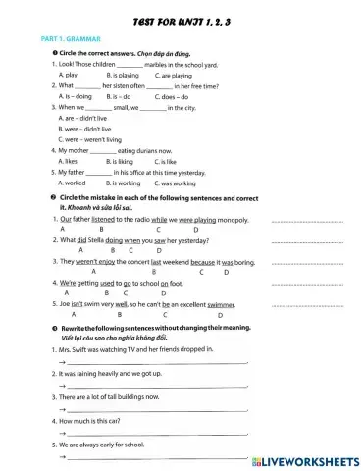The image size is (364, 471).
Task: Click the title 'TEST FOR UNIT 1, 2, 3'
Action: click(181, 21)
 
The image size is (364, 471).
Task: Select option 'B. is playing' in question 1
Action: click(123, 75)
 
